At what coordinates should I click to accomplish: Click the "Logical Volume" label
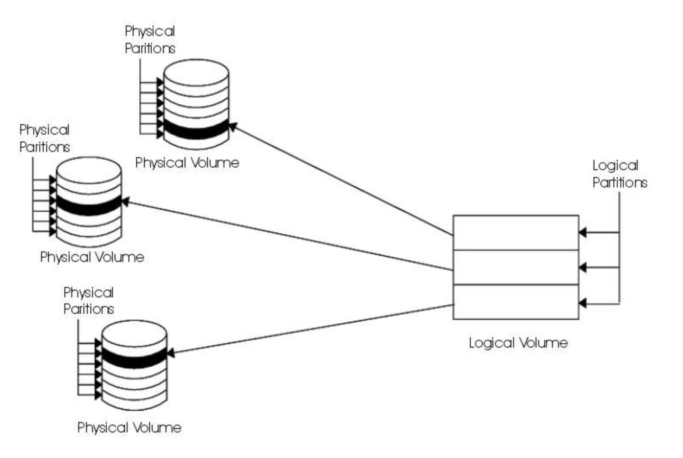[518, 343]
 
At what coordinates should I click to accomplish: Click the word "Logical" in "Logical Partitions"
[615, 166]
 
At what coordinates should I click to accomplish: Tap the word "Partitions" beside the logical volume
[619, 183]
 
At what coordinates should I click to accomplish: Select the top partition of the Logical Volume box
[515, 232]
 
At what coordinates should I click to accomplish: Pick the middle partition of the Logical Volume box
[515, 267]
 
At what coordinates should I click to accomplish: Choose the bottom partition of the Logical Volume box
[515, 302]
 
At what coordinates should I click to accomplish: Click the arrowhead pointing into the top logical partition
[583, 232]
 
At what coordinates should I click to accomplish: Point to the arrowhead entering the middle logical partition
[583, 268]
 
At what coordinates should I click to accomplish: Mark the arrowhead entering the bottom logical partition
[583, 303]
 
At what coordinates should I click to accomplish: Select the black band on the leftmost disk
[89, 205]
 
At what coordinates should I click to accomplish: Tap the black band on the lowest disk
[134, 358]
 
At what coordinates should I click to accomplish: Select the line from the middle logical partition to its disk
[290, 236]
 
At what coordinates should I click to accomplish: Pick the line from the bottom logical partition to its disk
[311, 329]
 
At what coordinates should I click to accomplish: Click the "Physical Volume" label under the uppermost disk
[187, 163]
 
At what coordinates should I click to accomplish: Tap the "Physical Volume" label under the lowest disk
[129, 428]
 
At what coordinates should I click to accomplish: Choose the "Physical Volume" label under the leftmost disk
[92, 257]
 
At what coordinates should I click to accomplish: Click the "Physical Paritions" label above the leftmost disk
[45, 139]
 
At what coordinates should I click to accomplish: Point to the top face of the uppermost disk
[196, 71]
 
